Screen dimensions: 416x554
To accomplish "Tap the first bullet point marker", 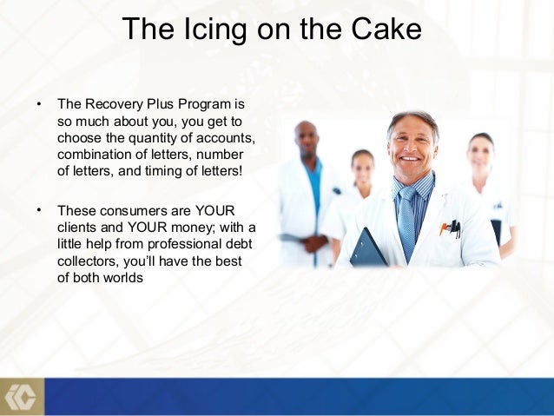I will coord(38,104).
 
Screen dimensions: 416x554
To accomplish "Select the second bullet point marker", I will coord(38,210).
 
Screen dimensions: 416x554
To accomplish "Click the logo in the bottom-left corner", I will coord(19,396).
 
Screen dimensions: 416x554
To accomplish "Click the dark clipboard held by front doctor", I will coord(366,249).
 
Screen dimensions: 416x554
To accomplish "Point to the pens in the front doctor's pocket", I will coord(450,228).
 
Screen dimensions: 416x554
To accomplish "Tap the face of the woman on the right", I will coord(480,155).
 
